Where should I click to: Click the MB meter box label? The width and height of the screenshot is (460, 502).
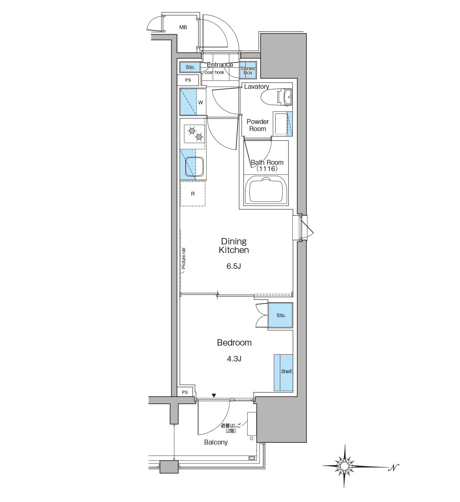click(183, 27)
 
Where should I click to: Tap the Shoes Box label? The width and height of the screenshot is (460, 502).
click(248, 70)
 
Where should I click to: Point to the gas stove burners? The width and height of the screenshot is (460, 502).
click(195, 134)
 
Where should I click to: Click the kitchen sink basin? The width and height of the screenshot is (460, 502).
click(194, 166)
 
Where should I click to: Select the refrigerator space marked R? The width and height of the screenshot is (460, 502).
click(193, 194)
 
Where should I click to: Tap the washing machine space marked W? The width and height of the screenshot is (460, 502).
click(193, 102)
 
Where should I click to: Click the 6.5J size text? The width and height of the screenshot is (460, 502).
click(233, 266)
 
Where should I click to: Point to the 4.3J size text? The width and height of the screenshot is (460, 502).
click(234, 359)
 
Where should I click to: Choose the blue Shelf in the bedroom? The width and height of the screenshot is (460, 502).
click(283, 373)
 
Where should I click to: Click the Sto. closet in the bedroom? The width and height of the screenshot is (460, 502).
click(280, 315)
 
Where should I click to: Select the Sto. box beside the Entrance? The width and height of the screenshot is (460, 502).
click(190, 67)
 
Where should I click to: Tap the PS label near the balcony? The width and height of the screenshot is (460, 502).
click(185, 392)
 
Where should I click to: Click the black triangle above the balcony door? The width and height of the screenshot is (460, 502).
click(214, 396)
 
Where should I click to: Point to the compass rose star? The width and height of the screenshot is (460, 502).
click(344, 465)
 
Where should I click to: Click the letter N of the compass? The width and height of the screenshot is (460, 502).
click(394, 467)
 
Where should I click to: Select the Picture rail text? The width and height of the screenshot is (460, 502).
click(183, 258)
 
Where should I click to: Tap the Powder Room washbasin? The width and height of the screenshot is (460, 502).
click(281, 124)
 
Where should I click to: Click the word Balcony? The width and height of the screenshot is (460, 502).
click(216, 442)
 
